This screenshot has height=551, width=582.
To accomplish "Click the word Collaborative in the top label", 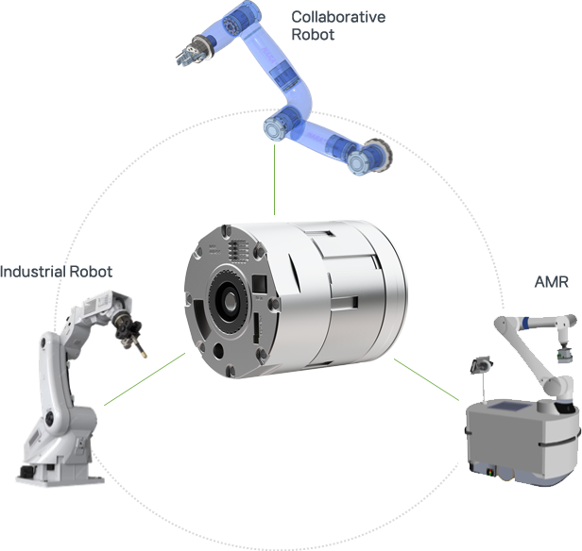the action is pyautogui.click(x=338, y=17).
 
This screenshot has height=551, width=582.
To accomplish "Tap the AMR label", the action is pyautogui.click(x=551, y=282).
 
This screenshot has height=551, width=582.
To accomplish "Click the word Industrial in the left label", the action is pyautogui.click(x=33, y=272).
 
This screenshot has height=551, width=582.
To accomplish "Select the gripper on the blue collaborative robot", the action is pyautogui.click(x=190, y=53).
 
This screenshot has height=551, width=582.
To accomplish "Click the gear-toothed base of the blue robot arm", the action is pyautogui.click(x=378, y=155).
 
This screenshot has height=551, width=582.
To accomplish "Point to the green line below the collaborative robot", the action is pyautogui.click(x=274, y=179).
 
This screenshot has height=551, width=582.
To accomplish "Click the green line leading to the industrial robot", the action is pyautogui.click(x=145, y=378).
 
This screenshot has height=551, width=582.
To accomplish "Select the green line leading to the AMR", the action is pyautogui.click(x=426, y=379).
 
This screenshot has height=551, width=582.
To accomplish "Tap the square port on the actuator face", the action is pyautogui.click(x=260, y=284).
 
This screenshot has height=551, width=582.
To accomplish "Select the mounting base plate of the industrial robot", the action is pyautogui.click(x=60, y=477).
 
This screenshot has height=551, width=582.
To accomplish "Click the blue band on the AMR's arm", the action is pyautogui.click(x=525, y=323).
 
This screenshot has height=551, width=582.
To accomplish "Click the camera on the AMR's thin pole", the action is pyautogui.click(x=481, y=364).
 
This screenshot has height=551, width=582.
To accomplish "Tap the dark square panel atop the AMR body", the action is pyautogui.click(x=508, y=406).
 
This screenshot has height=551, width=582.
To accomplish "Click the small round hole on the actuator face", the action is pyautogui.click(x=218, y=351).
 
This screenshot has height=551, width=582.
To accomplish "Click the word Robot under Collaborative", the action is pyautogui.click(x=313, y=35).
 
